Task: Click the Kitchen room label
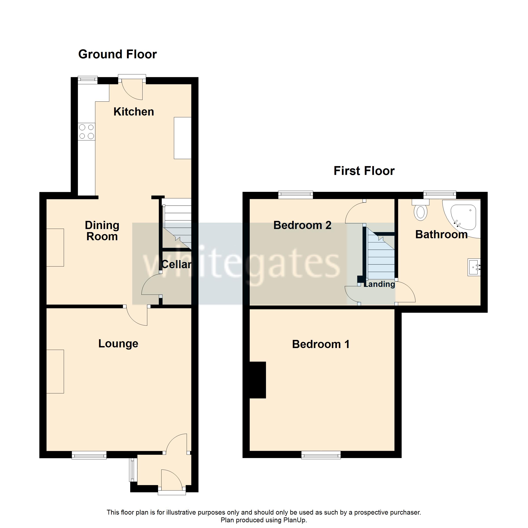134,112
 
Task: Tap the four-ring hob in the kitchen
86,132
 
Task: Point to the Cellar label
176,264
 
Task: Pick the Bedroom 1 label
321,344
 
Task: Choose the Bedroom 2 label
302,225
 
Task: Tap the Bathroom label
441,235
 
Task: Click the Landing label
379,284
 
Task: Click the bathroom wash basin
474,267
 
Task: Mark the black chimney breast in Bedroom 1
257,380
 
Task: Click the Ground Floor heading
117,54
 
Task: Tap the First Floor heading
364,171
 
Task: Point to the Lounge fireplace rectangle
55,371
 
